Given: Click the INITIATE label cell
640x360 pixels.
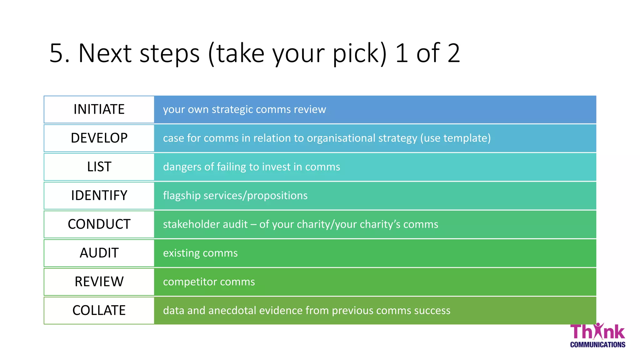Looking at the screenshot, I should [x=99, y=109].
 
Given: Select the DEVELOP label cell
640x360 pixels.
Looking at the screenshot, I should [x=99, y=138].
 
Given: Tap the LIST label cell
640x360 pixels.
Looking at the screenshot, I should [x=99, y=167].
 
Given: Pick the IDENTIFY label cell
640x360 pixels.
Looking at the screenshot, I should [x=99, y=196].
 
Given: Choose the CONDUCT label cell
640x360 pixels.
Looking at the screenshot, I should [x=99, y=224].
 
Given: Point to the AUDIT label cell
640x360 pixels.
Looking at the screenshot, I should [x=99, y=253].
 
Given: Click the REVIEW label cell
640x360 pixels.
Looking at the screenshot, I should [x=99, y=282].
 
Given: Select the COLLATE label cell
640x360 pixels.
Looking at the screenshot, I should [x=99, y=311].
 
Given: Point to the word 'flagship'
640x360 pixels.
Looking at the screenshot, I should [x=182, y=196].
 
